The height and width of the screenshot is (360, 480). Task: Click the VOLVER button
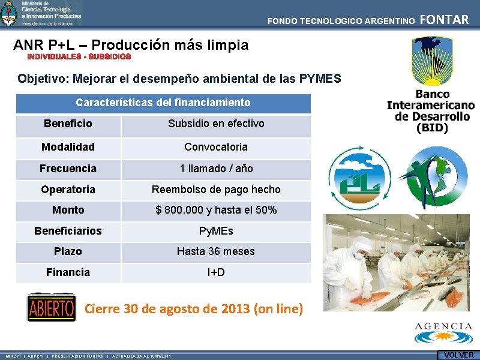point(458,355)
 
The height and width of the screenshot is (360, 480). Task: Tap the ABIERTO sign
point(52,308)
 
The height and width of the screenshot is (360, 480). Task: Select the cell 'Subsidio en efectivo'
point(216,124)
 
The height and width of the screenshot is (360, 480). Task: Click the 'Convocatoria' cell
point(216,147)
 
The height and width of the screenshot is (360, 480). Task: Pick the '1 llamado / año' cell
point(216,169)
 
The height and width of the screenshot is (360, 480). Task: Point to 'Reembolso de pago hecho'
point(216,190)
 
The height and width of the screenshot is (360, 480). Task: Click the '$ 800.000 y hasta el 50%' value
point(216,210)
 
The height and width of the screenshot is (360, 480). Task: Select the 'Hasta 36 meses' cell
point(216,251)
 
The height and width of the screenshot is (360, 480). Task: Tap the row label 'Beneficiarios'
point(68,231)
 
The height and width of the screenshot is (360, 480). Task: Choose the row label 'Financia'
point(68,272)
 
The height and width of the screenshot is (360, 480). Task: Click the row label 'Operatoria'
point(68,190)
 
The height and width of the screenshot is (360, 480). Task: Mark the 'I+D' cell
point(216,272)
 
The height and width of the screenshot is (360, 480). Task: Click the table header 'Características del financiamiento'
point(163,103)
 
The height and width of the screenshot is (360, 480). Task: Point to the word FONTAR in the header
point(445,20)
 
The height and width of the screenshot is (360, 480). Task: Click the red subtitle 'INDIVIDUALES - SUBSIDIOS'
point(79,56)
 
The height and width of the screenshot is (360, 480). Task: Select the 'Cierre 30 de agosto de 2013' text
point(194,310)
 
